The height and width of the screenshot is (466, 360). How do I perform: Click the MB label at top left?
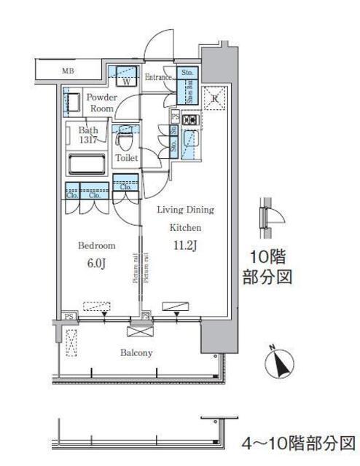67,71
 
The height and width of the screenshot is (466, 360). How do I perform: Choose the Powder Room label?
100,103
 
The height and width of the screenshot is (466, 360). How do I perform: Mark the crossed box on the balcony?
136,331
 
